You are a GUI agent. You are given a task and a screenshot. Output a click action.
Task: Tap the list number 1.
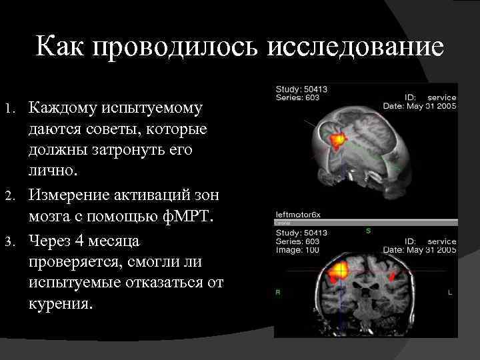[x=10, y=108]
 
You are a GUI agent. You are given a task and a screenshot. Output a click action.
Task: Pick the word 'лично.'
[x=54, y=172]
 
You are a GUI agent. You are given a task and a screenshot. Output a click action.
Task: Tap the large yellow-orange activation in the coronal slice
[x=339, y=271]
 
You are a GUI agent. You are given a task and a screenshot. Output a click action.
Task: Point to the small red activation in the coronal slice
[x=393, y=274]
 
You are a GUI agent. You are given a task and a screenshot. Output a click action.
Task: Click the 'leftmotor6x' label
[x=298, y=215]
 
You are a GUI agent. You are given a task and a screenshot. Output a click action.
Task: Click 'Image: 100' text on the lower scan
[x=297, y=249]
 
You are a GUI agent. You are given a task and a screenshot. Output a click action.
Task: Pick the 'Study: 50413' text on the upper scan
[x=301, y=89]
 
